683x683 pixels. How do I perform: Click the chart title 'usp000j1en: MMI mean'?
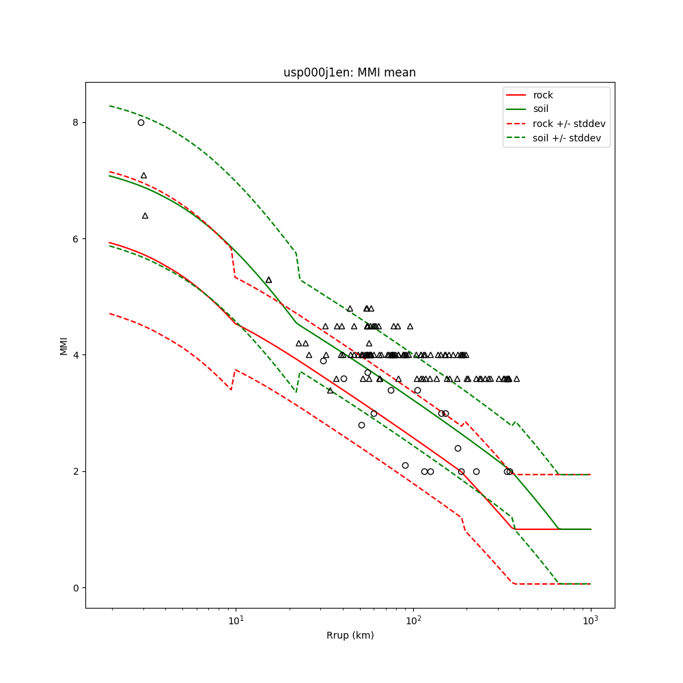[x=350, y=72]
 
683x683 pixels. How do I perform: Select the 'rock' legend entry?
[x=543, y=95]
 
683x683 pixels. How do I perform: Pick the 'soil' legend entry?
[x=540, y=109]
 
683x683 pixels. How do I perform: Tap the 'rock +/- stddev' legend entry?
[x=569, y=124]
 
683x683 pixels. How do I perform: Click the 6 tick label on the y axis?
[x=76, y=238]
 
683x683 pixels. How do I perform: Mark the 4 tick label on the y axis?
[x=76, y=355]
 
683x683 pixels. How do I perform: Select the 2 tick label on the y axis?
[x=76, y=471]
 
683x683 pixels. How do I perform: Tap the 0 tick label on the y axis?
[x=76, y=587]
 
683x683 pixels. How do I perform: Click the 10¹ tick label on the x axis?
[x=236, y=621]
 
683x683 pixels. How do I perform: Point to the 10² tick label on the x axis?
[x=413, y=621]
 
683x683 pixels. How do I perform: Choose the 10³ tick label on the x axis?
[x=590, y=621]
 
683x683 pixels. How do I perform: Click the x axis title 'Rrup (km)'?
[x=350, y=635]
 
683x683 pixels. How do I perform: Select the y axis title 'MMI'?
[x=64, y=345]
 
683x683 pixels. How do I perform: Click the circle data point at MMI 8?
[x=141, y=122]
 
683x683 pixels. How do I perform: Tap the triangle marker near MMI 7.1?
[x=143, y=175]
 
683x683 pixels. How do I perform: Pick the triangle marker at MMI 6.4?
[x=145, y=215]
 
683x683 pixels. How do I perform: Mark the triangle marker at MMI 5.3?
[x=268, y=279]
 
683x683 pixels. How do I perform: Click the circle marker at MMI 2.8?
[x=361, y=425]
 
